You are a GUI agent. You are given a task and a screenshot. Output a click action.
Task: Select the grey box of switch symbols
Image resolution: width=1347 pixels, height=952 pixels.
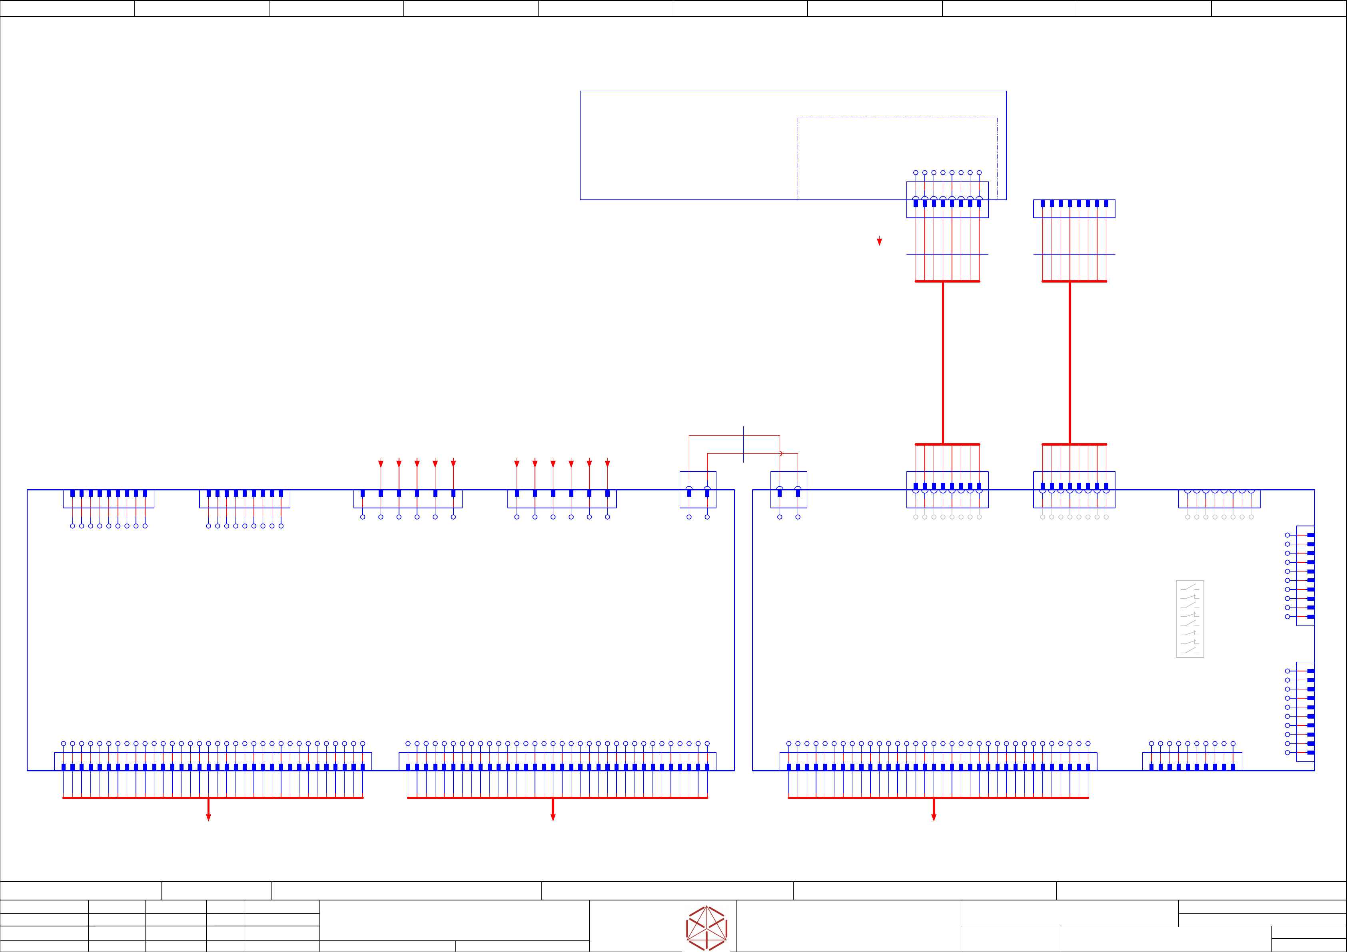[1190, 619]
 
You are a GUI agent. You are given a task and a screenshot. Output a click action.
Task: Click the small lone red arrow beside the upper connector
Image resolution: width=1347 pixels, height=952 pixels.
[880, 241]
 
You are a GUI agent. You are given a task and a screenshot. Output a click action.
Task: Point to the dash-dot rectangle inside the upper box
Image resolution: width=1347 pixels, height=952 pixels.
[897, 118]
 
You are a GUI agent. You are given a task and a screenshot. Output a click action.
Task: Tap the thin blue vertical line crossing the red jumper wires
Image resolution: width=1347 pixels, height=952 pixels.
[743, 444]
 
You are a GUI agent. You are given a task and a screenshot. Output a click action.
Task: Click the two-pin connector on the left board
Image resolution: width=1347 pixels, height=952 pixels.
[698, 490]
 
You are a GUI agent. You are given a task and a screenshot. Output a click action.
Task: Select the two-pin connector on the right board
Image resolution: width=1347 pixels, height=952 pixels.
[788, 490]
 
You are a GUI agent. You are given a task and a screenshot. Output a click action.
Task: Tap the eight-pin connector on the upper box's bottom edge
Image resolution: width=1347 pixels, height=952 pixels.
[947, 200]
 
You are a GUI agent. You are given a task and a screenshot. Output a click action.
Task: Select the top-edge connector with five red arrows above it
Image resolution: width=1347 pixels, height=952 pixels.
[408, 499]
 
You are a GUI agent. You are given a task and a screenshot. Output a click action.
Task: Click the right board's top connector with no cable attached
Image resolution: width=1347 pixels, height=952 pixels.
[1219, 499]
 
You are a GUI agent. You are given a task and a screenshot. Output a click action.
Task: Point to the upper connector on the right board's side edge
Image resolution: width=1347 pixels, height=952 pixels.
[1305, 576]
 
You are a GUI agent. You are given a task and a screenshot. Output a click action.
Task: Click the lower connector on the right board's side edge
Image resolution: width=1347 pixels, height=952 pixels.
[1305, 711]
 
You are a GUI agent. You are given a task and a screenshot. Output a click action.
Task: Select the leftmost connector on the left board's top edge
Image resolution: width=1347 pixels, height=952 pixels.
[108, 499]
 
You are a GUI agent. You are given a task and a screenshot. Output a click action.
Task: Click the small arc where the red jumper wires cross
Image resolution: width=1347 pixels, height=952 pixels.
[780, 453]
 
